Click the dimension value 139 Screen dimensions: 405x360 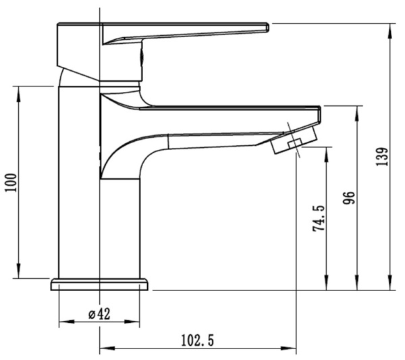(383, 157)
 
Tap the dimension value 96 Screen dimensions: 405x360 (349, 198)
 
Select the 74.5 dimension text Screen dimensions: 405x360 (319, 218)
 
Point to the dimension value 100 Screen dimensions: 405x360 (11, 182)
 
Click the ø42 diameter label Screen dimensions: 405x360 (99, 314)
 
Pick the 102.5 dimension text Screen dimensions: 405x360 (198, 340)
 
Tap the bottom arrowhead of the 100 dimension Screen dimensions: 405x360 (18, 271)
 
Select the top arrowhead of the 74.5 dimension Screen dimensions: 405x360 (327, 155)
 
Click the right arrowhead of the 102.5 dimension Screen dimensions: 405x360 (289, 348)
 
